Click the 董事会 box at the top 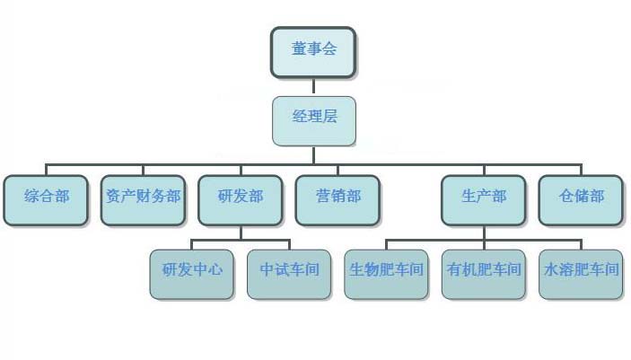coord(313,52)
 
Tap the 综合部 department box coord(47,198)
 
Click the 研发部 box coord(241,198)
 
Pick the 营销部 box coord(337,198)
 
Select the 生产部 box coord(484,198)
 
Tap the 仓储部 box coord(581,198)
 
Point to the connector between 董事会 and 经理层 coord(313,86)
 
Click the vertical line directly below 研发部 coord(241,233)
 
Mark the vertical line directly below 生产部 coord(484,233)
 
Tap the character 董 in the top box coord(298,49)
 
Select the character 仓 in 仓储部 coord(566,196)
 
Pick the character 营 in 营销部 coord(322,196)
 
